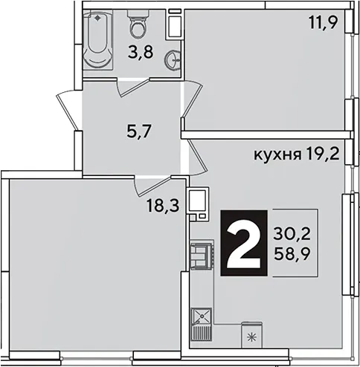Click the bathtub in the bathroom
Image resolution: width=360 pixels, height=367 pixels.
[x=97, y=40]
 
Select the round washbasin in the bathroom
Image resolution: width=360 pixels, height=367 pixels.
[x=173, y=59]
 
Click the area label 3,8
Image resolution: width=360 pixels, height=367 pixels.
[x=141, y=52]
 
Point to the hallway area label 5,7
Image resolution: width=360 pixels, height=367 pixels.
[x=139, y=131]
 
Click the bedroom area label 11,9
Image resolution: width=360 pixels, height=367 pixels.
[x=324, y=22]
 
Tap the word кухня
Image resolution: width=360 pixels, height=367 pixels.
[x=277, y=155]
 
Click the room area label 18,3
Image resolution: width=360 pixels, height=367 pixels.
[x=163, y=206]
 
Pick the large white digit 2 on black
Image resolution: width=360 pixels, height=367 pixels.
[x=244, y=243]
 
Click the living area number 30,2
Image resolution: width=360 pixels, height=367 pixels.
[x=292, y=233]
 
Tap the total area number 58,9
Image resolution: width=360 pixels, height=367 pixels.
[x=292, y=253]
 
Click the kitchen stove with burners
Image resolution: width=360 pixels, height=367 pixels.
[x=201, y=255]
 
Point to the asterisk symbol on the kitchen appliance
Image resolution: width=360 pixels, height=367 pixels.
[x=252, y=337]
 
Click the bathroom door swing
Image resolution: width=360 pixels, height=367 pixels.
[x=132, y=87]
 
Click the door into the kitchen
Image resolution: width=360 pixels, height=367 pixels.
[x=197, y=157]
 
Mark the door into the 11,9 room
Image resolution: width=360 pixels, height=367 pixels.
[x=193, y=99]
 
